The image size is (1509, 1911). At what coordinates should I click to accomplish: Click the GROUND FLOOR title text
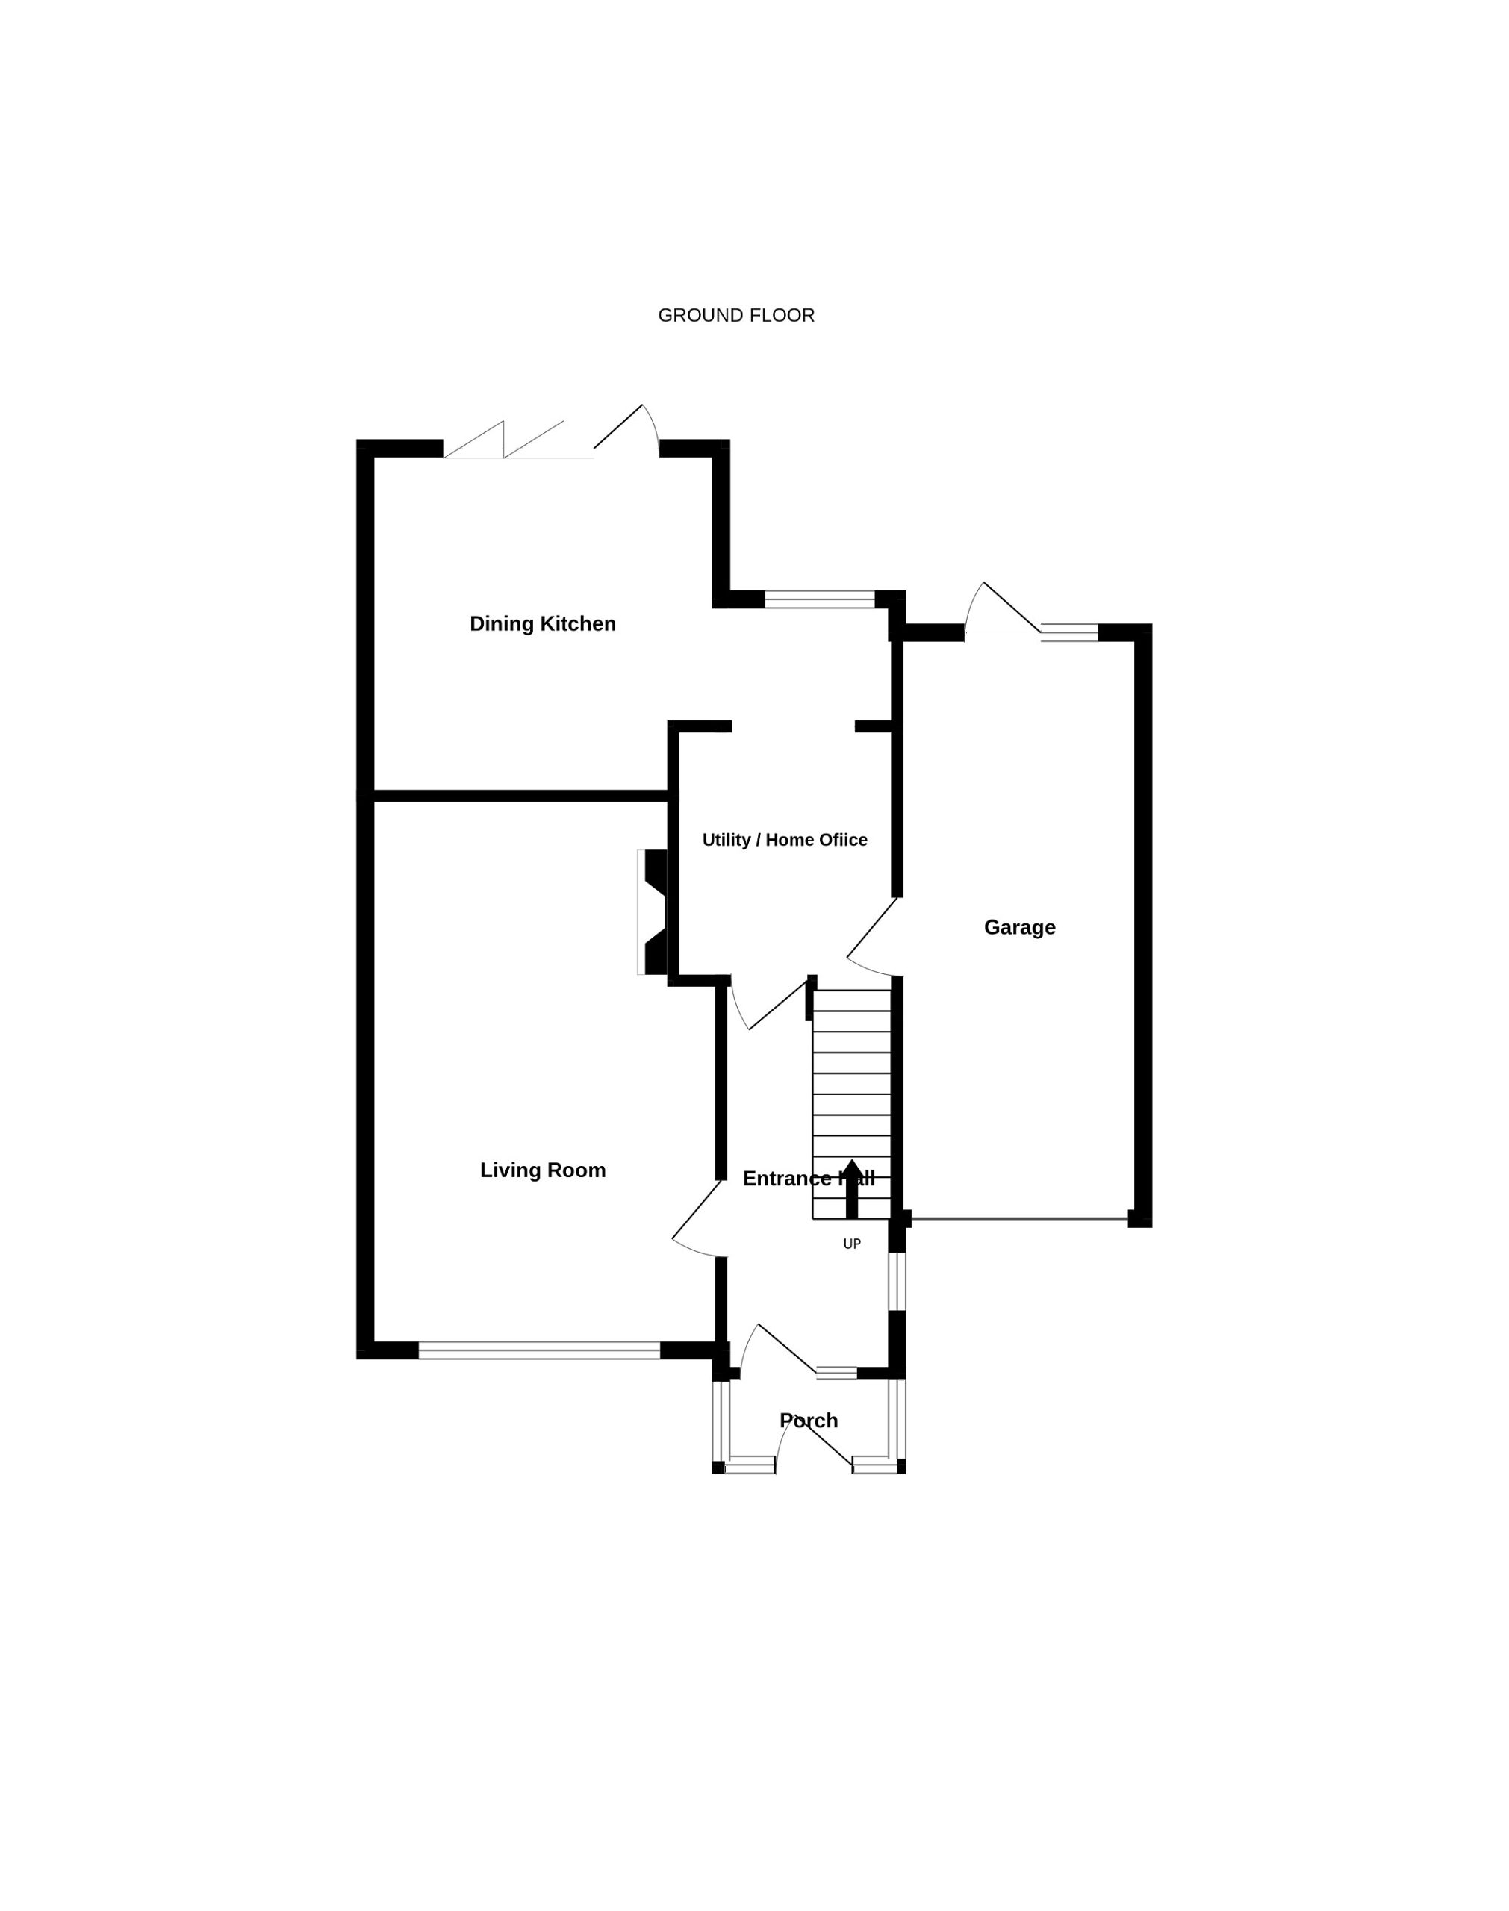point(736,315)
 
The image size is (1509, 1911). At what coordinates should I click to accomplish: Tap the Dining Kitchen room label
point(543,623)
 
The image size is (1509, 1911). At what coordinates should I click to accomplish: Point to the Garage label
point(1019,927)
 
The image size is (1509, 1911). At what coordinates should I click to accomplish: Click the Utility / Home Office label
point(785,840)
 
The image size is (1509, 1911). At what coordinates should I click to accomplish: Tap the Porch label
point(809,1420)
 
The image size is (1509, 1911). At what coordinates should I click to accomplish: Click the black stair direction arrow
point(852,1188)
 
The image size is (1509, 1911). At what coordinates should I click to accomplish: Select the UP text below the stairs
point(852,1244)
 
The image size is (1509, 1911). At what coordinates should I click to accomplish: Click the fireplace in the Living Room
point(652,912)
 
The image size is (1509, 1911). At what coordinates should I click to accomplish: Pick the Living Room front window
point(539,1350)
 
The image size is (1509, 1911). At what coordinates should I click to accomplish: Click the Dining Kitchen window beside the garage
point(820,599)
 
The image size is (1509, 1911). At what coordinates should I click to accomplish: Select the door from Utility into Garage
point(874,937)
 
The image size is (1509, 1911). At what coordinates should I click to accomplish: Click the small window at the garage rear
point(1069,632)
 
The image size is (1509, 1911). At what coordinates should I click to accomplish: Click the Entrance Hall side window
point(897,1282)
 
